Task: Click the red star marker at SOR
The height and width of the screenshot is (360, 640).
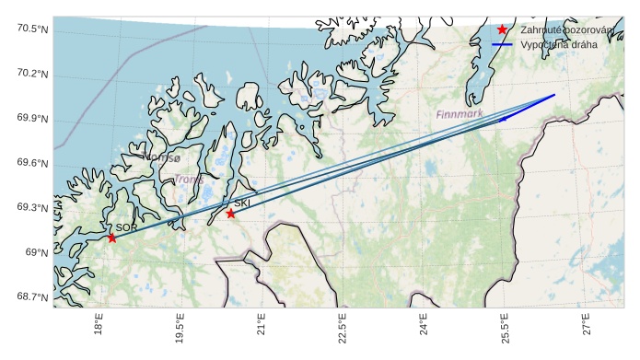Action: click(111, 238)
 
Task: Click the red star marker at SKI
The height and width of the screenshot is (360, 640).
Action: click(230, 214)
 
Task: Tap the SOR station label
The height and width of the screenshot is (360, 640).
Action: click(126, 227)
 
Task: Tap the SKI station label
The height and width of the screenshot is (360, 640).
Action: click(242, 203)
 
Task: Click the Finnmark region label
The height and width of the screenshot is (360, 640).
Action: click(460, 115)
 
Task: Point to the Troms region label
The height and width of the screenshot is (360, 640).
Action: click(189, 180)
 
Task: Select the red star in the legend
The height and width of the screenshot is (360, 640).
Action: click(502, 29)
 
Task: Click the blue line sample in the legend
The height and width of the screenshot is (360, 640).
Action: click(502, 44)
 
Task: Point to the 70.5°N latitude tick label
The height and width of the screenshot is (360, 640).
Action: click(32, 29)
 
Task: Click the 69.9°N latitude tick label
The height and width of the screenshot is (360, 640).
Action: click(32, 119)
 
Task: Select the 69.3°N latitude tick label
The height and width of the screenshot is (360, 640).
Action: click(32, 208)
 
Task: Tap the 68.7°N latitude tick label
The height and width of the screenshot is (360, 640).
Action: click(32, 296)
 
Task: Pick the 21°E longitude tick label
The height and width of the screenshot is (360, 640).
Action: click(262, 327)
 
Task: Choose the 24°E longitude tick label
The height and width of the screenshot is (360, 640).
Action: click(424, 327)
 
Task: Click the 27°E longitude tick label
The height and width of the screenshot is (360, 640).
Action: click(587, 327)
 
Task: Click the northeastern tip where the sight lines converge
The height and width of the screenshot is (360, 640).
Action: click(554, 95)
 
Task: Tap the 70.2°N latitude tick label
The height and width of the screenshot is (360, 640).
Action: click(32, 75)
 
